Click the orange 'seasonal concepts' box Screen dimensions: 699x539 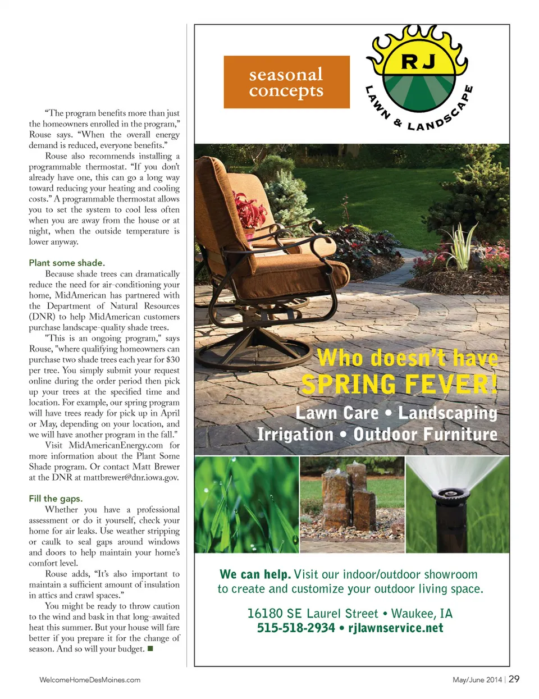(x=286, y=82)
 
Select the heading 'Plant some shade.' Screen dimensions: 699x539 (x=67, y=263)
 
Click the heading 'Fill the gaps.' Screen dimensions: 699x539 (x=56, y=499)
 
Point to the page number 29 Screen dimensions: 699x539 (x=514, y=679)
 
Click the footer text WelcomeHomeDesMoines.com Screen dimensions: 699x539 (x=90, y=680)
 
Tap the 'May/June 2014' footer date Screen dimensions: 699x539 (x=477, y=680)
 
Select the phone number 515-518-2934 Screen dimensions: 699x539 (x=296, y=628)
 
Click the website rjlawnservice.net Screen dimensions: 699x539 (x=396, y=628)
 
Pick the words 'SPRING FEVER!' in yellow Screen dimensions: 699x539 (x=399, y=385)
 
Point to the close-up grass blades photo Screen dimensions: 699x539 (x=246, y=504)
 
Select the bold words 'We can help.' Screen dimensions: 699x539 (x=255, y=574)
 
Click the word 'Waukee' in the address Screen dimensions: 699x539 (x=412, y=613)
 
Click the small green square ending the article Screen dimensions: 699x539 (x=150, y=649)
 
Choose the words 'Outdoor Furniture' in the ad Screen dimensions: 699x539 (x=425, y=434)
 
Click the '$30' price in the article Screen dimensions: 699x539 (x=173, y=359)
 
